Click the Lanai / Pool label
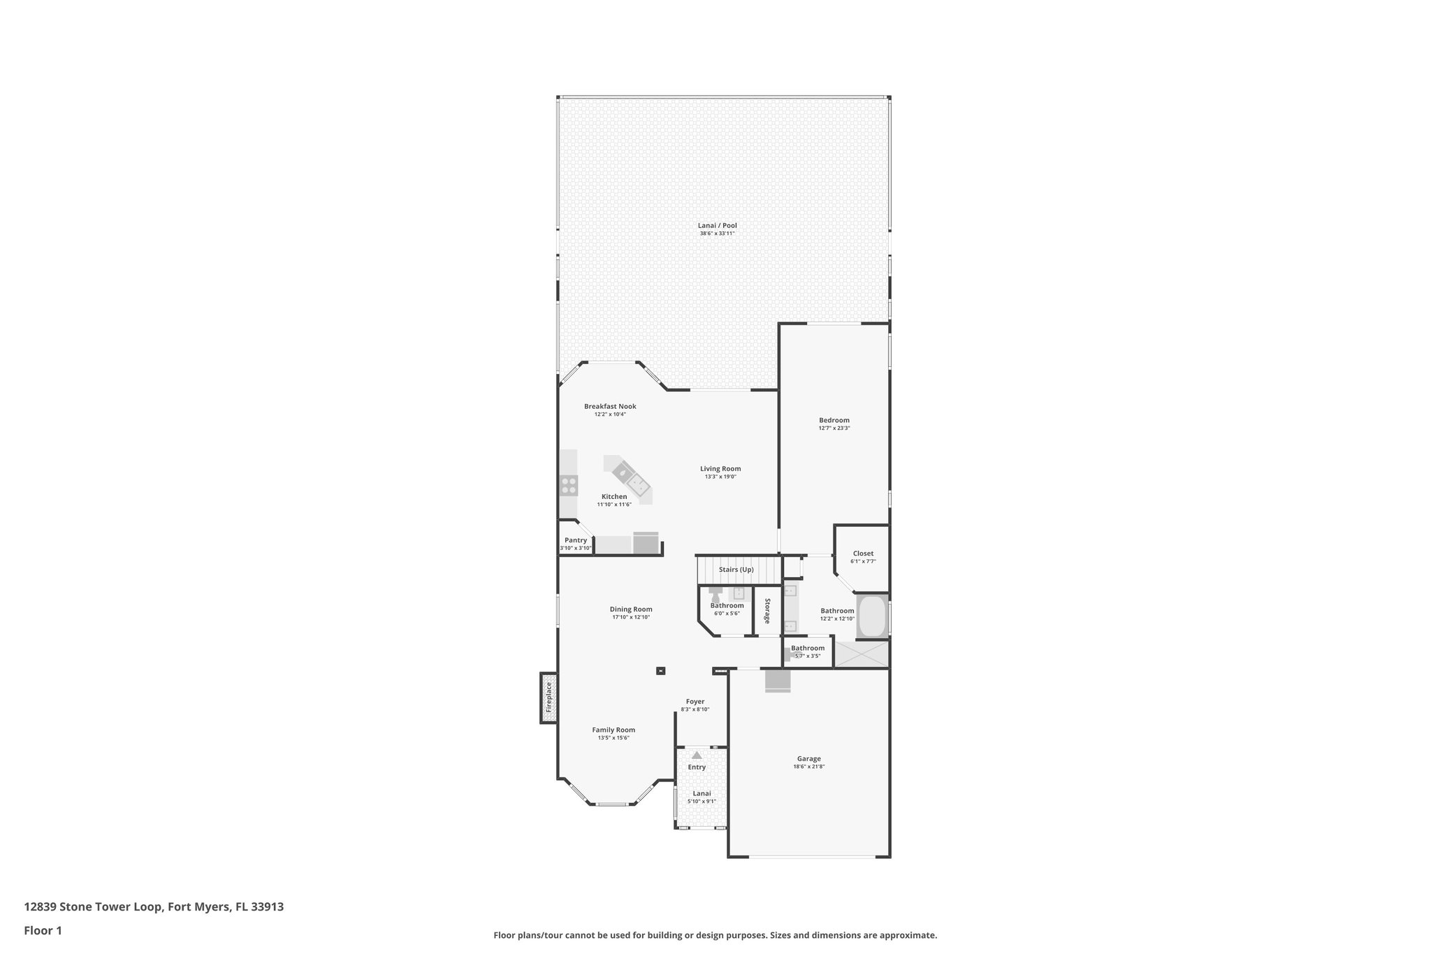717,226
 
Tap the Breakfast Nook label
610,406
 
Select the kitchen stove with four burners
569,485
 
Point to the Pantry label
576,540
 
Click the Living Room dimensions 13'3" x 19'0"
720,477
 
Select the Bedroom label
834,420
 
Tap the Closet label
863,554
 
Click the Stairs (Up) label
736,570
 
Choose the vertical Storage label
767,611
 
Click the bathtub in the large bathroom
871,616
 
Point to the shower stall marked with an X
862,653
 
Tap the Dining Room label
631,609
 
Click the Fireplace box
549,698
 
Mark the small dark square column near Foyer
661,671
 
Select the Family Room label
613,730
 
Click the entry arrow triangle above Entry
697,755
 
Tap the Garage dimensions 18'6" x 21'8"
809,766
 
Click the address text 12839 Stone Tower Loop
94,906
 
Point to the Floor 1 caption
43,930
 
